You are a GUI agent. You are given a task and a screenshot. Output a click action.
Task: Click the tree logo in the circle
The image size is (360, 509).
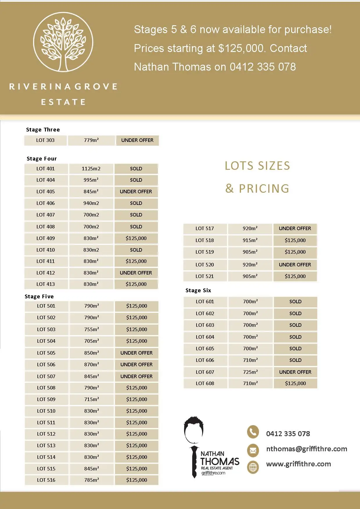tap(63, 42)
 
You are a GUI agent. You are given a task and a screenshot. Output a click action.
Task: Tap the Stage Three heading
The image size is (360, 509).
tap(43, 130)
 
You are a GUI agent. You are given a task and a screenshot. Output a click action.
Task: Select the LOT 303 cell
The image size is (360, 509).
tap(45, 140)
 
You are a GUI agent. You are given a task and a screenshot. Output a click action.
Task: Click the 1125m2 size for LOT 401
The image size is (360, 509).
tap(91, 169)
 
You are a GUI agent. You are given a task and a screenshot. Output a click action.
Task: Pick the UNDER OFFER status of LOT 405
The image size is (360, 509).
tap(136, 192)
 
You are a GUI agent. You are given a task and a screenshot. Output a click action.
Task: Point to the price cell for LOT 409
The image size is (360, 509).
tap(136, 238)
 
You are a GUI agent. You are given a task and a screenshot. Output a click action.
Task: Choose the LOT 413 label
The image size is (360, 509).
tap(46, 284)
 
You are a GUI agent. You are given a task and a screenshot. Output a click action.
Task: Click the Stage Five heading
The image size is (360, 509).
tap(39, 297)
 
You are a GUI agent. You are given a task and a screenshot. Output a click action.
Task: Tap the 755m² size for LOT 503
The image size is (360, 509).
tap(91, 329)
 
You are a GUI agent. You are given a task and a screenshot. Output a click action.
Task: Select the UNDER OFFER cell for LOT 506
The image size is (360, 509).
tap(136, 365)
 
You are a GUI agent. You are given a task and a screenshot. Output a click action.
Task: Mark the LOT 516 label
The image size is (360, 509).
tap(46, 480)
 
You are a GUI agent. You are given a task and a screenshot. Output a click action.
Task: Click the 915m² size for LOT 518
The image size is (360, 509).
tap(250, 241)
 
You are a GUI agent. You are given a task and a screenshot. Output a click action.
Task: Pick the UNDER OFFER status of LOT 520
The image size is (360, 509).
tap(295, 265)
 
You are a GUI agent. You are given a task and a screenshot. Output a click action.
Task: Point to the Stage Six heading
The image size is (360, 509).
tap(198, 290)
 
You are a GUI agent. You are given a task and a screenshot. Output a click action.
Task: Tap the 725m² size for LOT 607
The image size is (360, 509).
tap(250, 372)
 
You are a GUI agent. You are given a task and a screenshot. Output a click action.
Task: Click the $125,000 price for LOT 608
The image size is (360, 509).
tap(295, 384)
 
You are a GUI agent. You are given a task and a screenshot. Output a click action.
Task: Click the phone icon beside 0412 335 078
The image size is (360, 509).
tap(253, 432)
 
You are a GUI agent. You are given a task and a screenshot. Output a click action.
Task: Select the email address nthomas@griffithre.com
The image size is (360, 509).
tap(307, 449)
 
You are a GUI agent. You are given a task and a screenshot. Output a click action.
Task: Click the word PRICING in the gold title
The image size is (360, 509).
tap(264, 189)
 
